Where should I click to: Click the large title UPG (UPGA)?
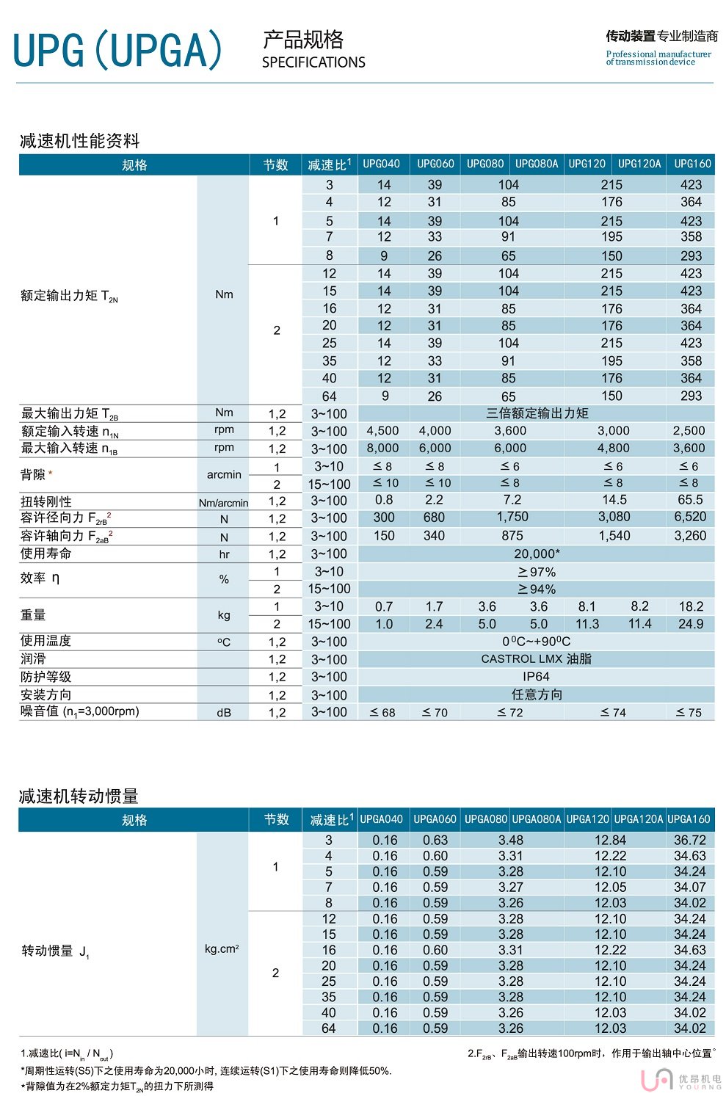click(x=117, y=50)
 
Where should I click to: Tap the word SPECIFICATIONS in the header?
click(x=313, y=62)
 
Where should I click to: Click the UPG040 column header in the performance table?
click(x=382, y=164)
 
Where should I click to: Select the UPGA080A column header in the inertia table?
click(x=537, y=819)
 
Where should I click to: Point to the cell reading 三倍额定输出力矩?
click(x=537, y=413)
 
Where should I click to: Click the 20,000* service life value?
click(x=537, y=554)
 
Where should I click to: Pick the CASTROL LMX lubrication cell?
click(x=536, y=658)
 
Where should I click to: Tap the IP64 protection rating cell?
click(x=536, y=676)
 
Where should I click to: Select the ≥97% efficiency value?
click(x=537, y=572)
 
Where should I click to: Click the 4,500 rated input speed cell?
click(x=382, y=431)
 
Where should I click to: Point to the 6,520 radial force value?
click(x=690, y=517)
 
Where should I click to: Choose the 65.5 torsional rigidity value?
click(x=690, y=500)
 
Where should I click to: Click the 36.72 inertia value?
click(x=690, y=840)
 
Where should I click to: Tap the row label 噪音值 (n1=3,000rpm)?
click(x=80, y=711)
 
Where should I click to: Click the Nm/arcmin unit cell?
click(x=223, y=503)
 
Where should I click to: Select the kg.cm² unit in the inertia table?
click(x=222, y=948)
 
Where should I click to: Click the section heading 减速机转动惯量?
click(x=79, y=796)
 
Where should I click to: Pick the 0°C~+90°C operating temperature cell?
click(x=536, y=642)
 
